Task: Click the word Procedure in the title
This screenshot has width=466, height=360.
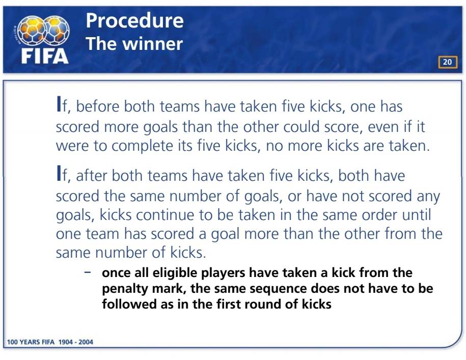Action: point(134,20)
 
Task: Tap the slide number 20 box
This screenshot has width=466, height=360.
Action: point(447,62)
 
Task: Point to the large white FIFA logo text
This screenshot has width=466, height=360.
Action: point(45,56)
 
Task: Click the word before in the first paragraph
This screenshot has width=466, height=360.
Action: point(97,106)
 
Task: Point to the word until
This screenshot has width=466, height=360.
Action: point(417,215)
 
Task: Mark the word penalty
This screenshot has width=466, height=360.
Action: point(125,289)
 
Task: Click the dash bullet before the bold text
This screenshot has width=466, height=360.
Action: point(88,272)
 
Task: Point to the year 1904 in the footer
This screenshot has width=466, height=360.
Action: point(66,342)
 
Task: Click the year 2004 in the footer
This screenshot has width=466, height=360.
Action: point(86,342)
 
